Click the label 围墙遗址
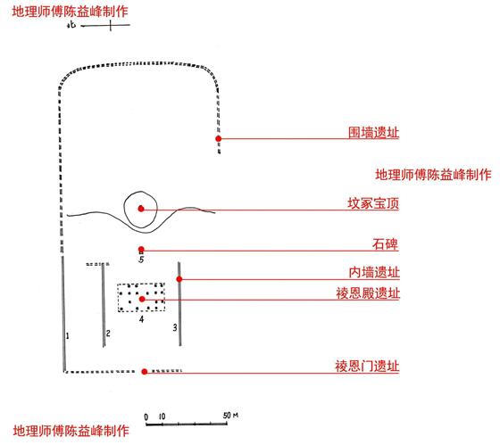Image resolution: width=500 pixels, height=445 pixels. click(x=373, y=132)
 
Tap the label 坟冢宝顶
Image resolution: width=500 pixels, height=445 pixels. click(x=373, y=203)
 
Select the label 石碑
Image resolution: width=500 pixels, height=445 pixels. click(x=385, y=244)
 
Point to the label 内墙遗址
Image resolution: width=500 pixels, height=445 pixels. click(x=374, y=273)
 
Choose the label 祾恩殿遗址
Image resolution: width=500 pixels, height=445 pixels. click(x=368, y=293)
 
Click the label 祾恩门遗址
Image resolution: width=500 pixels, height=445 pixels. click(x=367, y=366)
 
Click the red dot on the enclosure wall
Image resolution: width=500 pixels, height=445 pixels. click(x=219, y=138)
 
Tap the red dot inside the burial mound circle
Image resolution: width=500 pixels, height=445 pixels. click(x=141, y=209)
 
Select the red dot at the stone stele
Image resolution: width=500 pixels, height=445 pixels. click(x=141, y=250)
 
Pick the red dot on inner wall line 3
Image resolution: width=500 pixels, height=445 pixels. click(x=179, y=279)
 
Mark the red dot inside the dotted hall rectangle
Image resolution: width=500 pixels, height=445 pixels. click(x=142, y=299)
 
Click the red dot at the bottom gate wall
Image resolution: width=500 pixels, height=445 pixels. click(x=145, y=371)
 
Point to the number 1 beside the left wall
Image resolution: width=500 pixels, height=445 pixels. click(x=67, y=335)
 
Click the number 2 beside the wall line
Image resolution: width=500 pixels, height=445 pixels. click(x=108, y=334)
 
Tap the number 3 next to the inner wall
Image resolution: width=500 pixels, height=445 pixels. click(x=175, y=327)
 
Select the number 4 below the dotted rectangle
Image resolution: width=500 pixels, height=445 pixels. click(x=142, y=319)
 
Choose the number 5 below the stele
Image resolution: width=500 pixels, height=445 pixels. click(x=141, y=260)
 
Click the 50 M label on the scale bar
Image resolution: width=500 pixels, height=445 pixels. click(x=230, y=416)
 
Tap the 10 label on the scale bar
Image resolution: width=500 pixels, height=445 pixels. click(x=162, y=416)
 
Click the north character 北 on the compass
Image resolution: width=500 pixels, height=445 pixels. click(x=71, y=25)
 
